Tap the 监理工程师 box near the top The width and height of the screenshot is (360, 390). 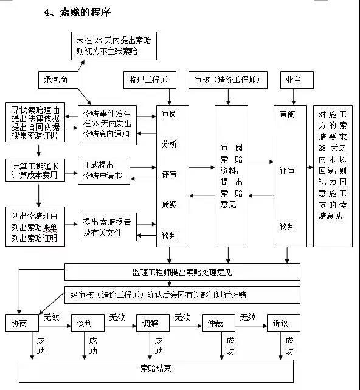150,80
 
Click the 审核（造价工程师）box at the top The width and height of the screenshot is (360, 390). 223,80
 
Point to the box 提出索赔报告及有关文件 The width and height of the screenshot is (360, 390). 107,226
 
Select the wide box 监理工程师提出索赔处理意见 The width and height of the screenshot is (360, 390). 182,272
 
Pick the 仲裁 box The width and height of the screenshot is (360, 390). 218,324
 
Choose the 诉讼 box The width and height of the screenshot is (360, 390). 283,324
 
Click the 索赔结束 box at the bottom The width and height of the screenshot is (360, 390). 156,369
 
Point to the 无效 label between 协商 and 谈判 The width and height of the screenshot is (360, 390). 51,317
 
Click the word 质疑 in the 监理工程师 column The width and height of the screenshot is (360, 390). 169,205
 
